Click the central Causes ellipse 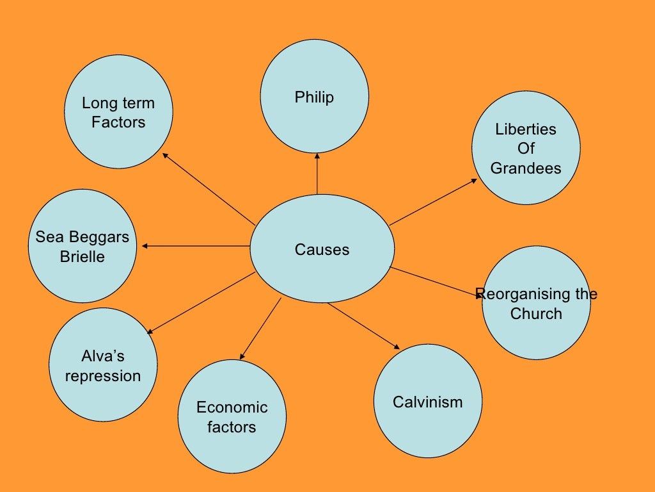pos(322,249)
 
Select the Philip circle pos(315,97)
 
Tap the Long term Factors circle pos(118,112)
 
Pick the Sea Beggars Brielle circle pos(83,246)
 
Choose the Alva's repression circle pos(103,365)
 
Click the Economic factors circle pos(232,416)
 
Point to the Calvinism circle pos(427,402)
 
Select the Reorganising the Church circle pos(536,303)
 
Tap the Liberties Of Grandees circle pos(526,148)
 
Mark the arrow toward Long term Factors pos(209,189)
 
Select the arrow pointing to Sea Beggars pos(195,246)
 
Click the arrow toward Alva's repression pos(201,303)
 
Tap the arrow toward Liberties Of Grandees pos(432,202)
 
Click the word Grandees pos(526,168)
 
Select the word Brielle pos(83,256)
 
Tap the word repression pos(103,375)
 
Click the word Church pos(536,313)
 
